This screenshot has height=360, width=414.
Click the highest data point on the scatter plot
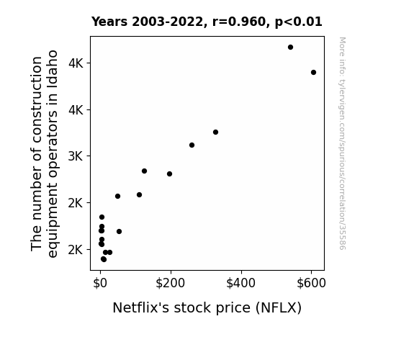tap(290, 48)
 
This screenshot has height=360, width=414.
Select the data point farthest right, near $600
tap(313, 73)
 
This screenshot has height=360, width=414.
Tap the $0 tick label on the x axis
tap(100, 283)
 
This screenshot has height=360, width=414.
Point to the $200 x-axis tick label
tap(171, 283)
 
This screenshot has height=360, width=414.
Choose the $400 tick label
tap(240, 283)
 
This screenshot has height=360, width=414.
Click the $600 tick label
tap(311, 283)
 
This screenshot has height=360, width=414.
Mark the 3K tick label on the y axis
tap(76, 156)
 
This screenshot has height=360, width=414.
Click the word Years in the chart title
tap(109, 22)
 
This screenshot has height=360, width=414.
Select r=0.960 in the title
tap(239, 22)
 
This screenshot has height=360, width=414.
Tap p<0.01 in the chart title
tap(299, 22)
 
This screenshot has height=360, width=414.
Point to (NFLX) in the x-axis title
tap(279, 307)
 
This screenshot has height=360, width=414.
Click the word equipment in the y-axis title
tap(53, 214)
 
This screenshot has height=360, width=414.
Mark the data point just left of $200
tap(169, 174)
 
